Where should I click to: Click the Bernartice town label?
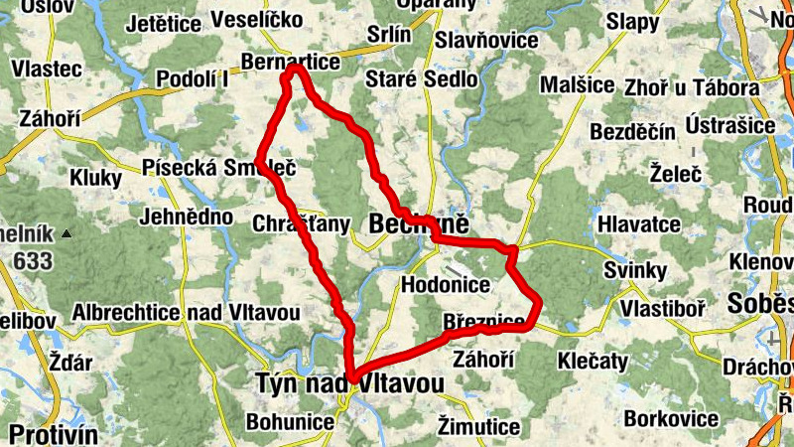pos(290,62)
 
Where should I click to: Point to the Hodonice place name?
pos(446,285)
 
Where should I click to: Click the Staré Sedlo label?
pos(422,79)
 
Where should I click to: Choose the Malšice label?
pos(577,84)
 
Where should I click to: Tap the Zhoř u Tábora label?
pos(692,87)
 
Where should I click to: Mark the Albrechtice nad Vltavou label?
pos(186,312)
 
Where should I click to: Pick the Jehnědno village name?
pos(187,217)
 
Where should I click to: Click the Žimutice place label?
pos(478,427)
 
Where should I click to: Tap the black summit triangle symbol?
pos(66,234)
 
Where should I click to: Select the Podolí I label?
pos(193,79)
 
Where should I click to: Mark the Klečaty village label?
pos(594,358)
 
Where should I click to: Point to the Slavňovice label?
pos(486,42)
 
